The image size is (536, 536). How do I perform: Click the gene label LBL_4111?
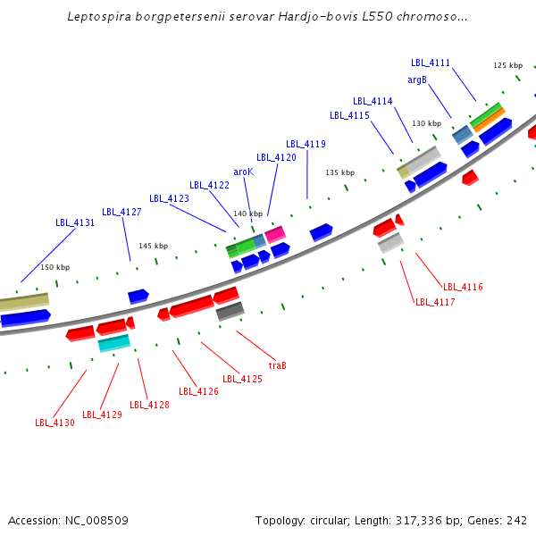coord(431,63)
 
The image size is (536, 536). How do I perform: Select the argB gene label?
coord(417,80)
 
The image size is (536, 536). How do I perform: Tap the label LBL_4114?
coord(373,102)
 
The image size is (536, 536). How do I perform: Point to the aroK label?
coord(243,172)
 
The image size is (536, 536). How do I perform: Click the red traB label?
coord(277,365)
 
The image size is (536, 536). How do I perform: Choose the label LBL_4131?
coord(75,223)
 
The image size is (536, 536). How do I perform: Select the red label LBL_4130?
coord(55,423)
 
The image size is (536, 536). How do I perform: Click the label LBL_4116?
coord(463,287)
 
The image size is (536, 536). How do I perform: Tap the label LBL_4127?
coord(121,213)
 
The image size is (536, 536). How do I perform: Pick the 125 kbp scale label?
coord(507,65)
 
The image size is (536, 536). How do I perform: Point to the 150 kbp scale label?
coord(54,267)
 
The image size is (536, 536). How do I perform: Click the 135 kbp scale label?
coord(339,172)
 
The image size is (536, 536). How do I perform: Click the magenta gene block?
coord(275,234)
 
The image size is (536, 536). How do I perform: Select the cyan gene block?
coord(113,342)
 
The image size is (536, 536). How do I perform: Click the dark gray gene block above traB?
coord(230,311)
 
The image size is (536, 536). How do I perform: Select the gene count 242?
coord(516,521)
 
